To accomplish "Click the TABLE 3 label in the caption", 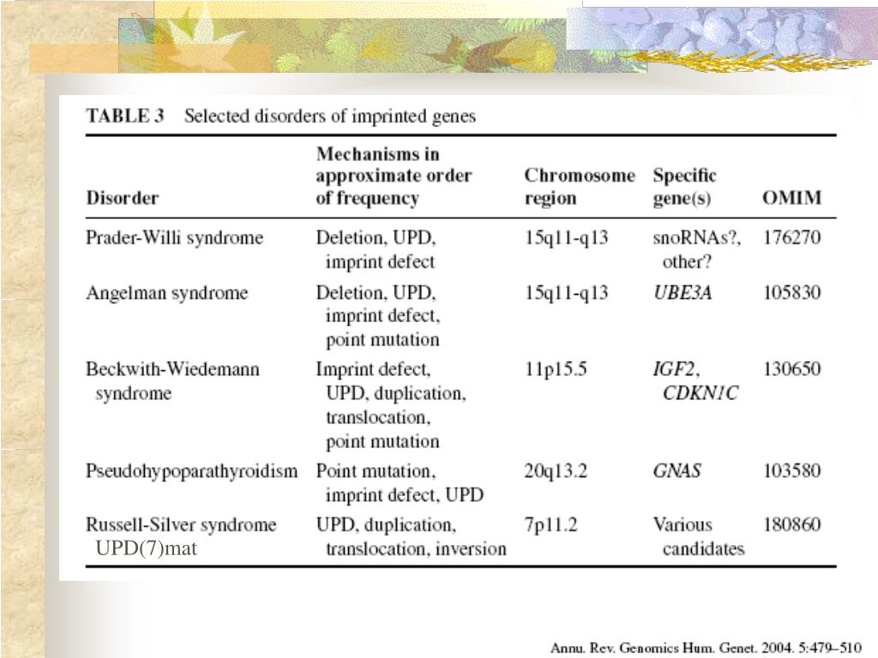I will click(124, 116).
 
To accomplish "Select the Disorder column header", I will click(122, 198).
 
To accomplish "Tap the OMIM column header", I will click(791, 198).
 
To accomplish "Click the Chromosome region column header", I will click(580, 187).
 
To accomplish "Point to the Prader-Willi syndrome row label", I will click(174, 237).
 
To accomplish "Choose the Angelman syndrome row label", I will click(166, 293).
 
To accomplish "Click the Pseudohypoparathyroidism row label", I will click(192, 470).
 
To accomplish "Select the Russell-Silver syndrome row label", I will click(181, 524).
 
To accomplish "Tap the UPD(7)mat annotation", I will click(146, 548).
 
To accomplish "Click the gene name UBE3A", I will click(683, 293).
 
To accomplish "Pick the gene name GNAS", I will click(677, 470).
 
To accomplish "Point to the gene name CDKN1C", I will click(700, 394).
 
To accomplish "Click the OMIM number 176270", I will click(791, 237).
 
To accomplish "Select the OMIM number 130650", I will click(791, 369).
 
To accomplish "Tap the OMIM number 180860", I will click(791, 524).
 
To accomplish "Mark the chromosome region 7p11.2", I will click(550, 524).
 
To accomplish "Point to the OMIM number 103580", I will click(791, 470).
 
